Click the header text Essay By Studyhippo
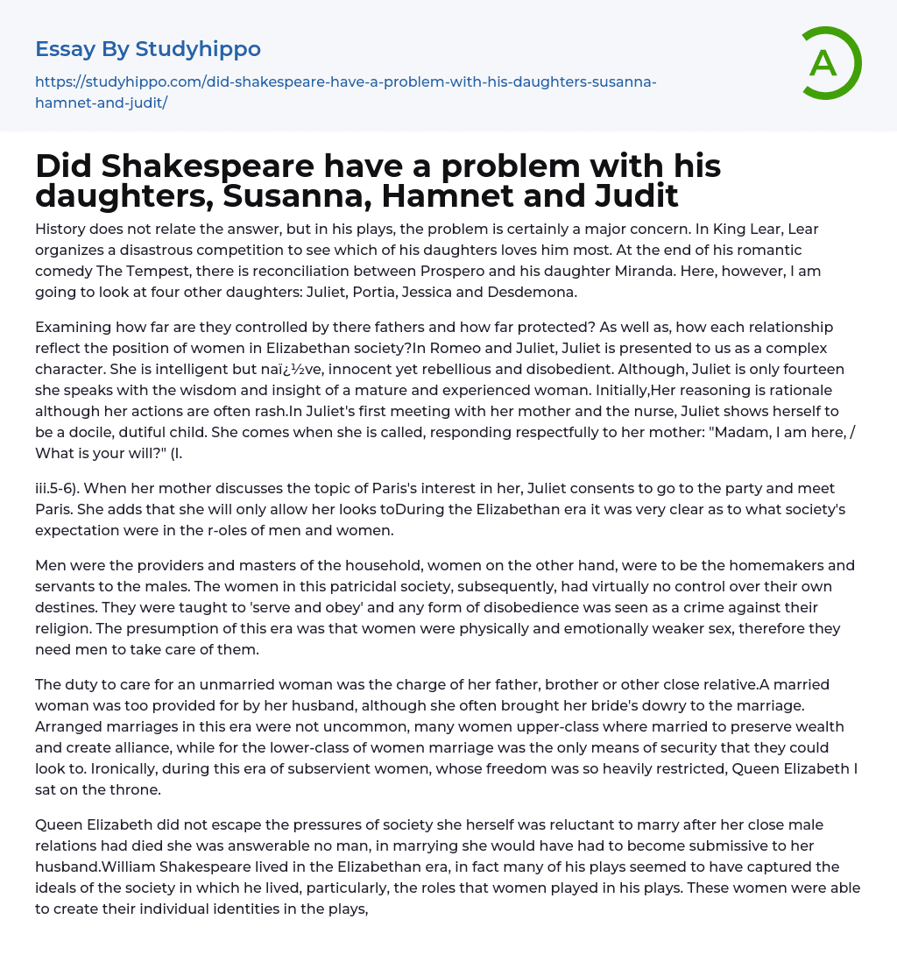(x=148, y=49)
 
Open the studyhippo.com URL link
(x=346, y=92)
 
